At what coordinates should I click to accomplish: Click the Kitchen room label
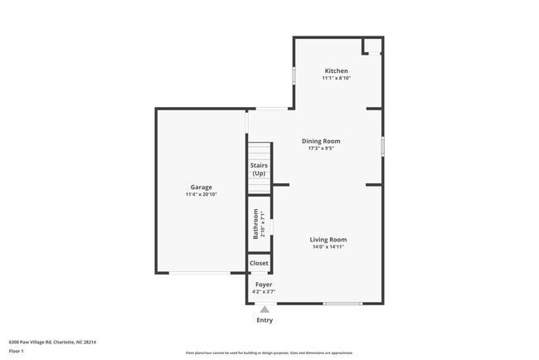pos(336,71)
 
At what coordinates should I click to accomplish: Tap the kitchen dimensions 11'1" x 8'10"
pos(336,78)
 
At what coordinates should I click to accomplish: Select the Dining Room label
pos(320,141)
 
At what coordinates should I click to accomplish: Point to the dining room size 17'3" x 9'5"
pos(320,148)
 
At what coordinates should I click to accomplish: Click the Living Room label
pos(328,239)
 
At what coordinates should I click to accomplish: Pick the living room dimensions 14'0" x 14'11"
pos(328,246)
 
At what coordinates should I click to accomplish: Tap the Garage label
pos(202,187)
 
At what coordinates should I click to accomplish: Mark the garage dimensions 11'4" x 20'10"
pos(202,194)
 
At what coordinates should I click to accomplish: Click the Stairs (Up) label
pos(259,169)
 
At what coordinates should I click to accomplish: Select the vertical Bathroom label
pos(255,223)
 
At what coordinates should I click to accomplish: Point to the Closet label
pos(259,263)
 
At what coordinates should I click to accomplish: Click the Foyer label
pos(263,285)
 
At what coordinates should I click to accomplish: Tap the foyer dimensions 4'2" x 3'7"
pos(263,291)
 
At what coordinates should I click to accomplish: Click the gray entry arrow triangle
pos(265,309)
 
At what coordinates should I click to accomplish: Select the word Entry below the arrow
pos(265,320)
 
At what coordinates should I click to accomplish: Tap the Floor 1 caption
pos(17,351)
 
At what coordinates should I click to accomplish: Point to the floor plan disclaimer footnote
pos(269,353)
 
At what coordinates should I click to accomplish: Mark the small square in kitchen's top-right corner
pos(373,46)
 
